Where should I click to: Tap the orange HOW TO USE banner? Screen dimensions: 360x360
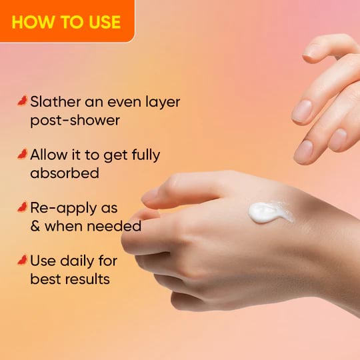(67, 21)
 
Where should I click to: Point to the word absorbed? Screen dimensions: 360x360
(65, 173)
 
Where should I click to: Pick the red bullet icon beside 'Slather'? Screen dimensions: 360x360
(22, 101)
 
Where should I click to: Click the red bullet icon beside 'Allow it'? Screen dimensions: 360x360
(22, 154)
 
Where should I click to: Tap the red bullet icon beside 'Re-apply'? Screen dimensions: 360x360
(22, 207)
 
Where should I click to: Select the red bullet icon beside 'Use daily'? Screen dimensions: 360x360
(22, 259)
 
